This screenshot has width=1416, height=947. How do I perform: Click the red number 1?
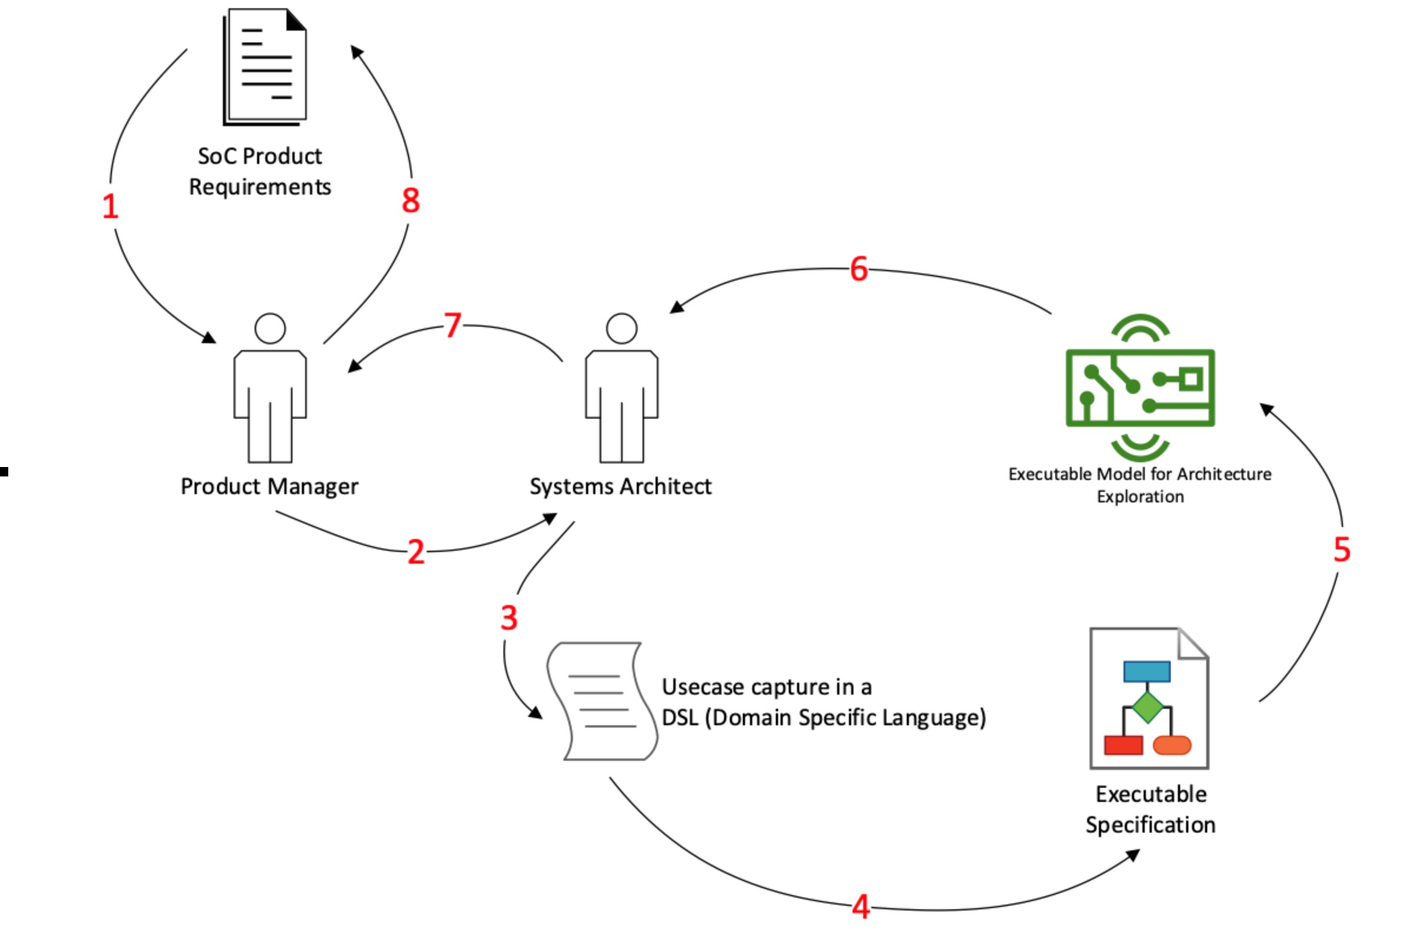(110, 206)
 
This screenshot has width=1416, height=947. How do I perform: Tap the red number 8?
(411, 200)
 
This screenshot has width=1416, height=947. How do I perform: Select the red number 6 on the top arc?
(859, 269)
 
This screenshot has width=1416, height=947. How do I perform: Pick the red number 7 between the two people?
(453, 326)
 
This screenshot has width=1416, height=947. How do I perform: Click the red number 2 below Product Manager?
(416, 552)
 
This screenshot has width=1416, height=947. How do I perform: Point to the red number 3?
(509, 619)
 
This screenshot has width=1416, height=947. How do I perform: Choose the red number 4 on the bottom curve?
(861, 907)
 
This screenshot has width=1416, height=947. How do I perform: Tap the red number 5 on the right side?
(1342, 550)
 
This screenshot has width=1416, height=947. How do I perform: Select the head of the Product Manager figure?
(270, 328)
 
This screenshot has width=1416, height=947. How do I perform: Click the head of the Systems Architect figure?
(621, 328)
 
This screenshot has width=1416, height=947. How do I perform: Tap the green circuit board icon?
(1140, 388)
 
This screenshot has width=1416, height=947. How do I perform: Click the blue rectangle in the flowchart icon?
(1147, 672)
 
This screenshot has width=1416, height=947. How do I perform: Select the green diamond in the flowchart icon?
(1147, 707)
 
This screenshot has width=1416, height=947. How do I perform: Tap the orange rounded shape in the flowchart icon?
(1172, 745)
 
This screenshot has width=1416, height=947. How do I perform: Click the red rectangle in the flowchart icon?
(1123, 745)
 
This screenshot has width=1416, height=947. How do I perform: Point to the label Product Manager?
(269, 487)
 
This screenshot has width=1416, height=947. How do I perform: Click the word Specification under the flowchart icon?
(1150, 825)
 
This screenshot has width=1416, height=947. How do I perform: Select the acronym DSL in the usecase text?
(680, 718)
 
